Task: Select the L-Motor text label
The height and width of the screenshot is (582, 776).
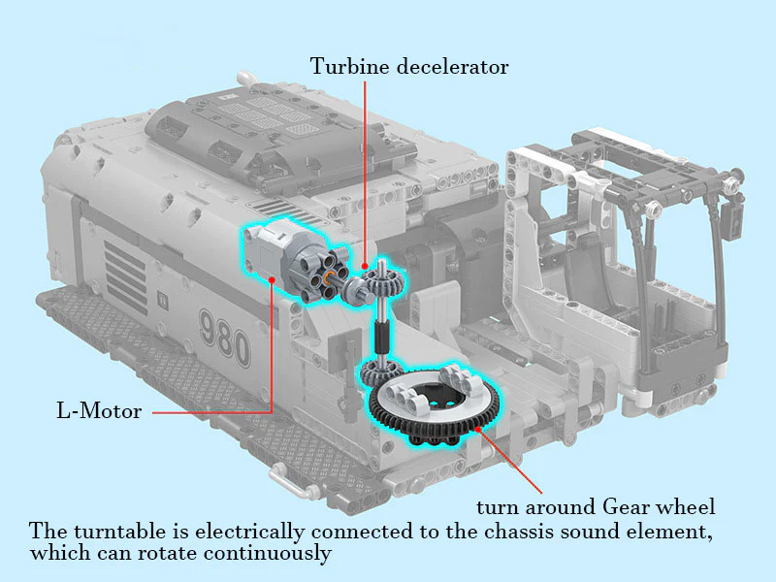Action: [98, 411]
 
